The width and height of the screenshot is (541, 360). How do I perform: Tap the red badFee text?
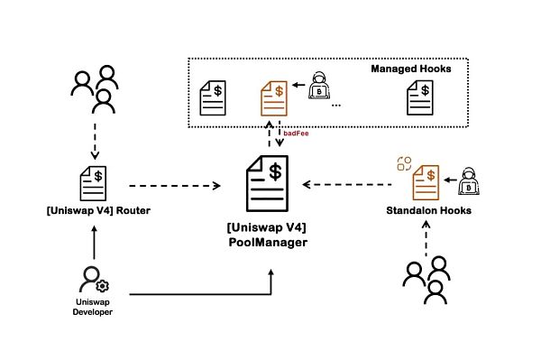(x=296, y=133)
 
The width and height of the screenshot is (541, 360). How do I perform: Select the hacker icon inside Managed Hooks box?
(x=317, y=88)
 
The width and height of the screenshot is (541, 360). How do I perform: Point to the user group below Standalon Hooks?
(x=426, y=279)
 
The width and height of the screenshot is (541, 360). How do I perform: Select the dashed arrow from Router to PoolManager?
(x=176, y=187)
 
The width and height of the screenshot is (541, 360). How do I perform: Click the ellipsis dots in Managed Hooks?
(x=335, y=106)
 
